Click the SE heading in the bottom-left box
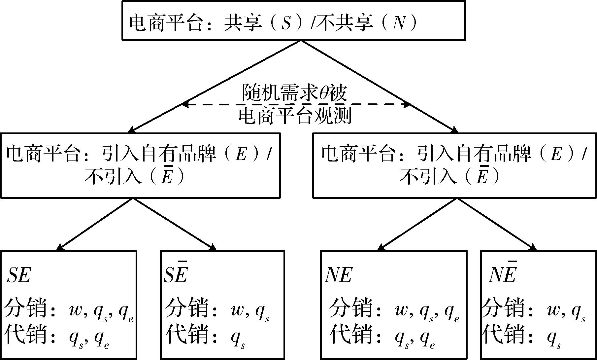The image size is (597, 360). click(19, 275)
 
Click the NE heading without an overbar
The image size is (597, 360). click(339, 275)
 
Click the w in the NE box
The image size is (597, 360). click(402, 310)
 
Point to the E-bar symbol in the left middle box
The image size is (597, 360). click(167, 177)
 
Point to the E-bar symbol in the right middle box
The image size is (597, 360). click(482, 177)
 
